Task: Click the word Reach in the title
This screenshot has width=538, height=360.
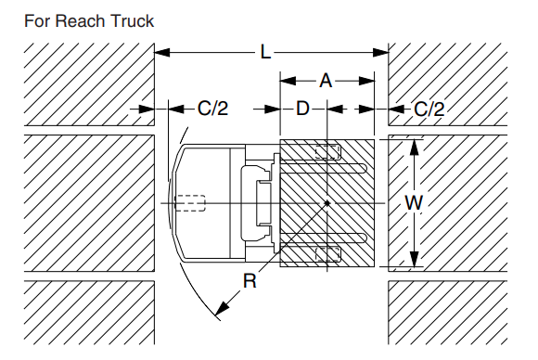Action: (x=80, y=19)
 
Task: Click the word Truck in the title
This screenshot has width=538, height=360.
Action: (x=131, y=19)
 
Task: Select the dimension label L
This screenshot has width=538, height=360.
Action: (x=266, y=54)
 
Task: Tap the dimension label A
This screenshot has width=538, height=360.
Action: (x=326, y=81)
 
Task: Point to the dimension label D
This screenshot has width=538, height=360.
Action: (x=302, y=109)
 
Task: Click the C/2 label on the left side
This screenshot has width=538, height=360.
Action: (x=212, y=109)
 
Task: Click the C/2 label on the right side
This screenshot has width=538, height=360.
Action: (x=429, y=109)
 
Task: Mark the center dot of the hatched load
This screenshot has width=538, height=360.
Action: (x=327, y=202)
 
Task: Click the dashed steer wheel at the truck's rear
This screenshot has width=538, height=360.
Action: (x=190, y=202)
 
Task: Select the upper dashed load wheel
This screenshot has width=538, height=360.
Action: (x=327, y=151)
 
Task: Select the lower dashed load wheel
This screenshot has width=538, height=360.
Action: (x=327, y=253)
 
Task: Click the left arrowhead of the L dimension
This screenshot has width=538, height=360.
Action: (x=159, y=54)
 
